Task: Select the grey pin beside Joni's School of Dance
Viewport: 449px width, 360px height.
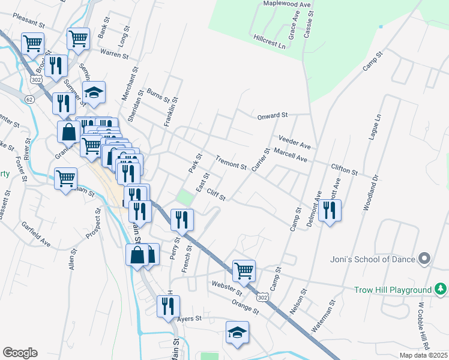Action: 424,259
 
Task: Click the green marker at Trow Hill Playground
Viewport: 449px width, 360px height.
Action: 441,290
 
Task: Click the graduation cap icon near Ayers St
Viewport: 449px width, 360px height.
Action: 237,332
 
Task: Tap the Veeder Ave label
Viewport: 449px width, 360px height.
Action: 294,142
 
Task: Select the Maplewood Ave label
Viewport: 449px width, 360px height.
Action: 287,4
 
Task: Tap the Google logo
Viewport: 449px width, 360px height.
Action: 20,352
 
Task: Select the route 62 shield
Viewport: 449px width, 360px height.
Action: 29,100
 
